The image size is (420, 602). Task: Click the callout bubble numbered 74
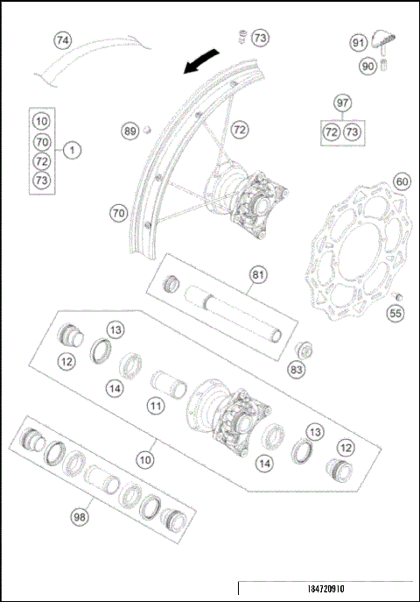point(61,40)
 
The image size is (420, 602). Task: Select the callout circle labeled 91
point(359,43)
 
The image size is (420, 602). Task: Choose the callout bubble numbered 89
point(130,131)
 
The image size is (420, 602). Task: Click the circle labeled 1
point(73,150)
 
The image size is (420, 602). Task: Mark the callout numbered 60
point(402,181)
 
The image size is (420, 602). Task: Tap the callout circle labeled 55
point(395,312)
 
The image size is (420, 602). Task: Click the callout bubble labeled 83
point(298,371)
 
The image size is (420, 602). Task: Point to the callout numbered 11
point(154,407)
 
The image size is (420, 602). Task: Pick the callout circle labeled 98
point(81,518)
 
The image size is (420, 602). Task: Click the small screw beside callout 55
point(395,295)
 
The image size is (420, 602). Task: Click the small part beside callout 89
point(148,131)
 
